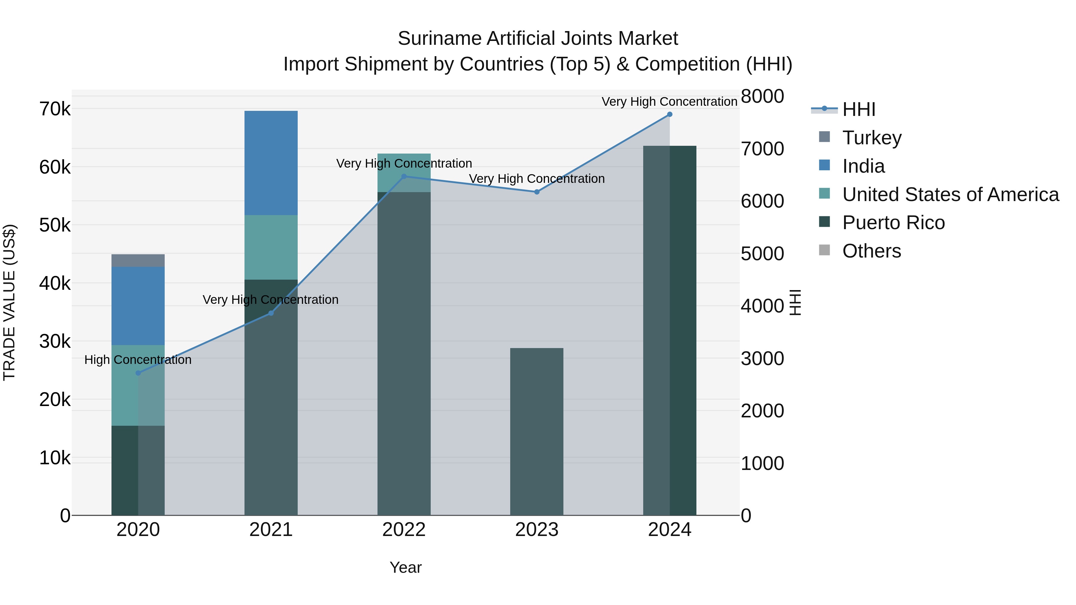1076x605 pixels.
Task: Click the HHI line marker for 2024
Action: coord(670,114)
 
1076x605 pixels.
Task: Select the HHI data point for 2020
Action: coord(138,373)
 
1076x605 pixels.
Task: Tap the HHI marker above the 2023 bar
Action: coord(537,192)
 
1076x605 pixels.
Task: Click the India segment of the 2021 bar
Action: coord(271,163)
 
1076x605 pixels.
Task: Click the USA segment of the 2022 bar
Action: coord(404,167)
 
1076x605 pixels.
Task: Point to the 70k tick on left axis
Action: coord(55,109)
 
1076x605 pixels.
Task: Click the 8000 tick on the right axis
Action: coord(762,97)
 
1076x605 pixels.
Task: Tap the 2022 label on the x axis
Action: coord(404,530)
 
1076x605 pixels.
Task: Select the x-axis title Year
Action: coord(405,567)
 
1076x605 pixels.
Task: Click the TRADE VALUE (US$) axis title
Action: coord(9,302)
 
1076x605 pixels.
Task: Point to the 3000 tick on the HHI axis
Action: coord(762,359)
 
